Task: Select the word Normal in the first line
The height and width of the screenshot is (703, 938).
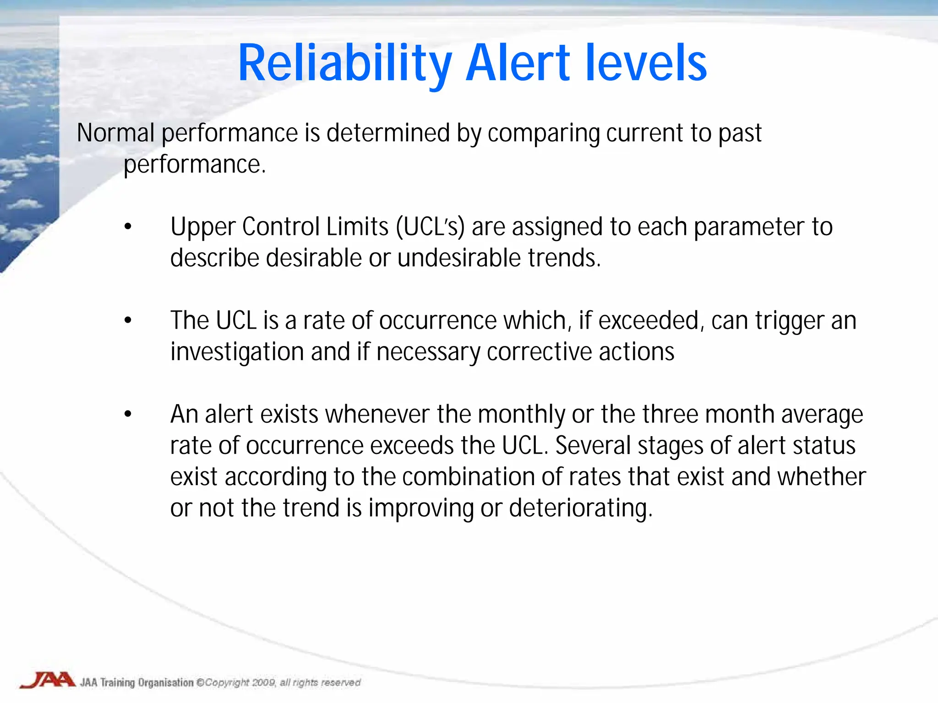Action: click(x=115, y=133)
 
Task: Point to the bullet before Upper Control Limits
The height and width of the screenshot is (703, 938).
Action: click(x=128, y=227)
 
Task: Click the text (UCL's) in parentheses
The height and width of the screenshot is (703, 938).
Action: click(x=431, y=227)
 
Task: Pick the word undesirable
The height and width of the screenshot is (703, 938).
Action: click(x=459, y=258)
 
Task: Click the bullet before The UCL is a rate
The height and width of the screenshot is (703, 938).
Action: click(x=128, y=320)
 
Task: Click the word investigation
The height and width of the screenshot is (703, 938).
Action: click(x=237, y=352)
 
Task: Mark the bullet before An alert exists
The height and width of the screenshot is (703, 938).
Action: click(x=128, y=414)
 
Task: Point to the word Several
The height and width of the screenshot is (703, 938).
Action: click(x=593, y=445)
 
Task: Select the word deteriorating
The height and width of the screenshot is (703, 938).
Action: click(x=580, y=508)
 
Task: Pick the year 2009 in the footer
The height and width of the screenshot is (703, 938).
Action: click(x=263, y=682)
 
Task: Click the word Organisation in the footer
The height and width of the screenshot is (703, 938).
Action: click(x=166, y=682)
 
